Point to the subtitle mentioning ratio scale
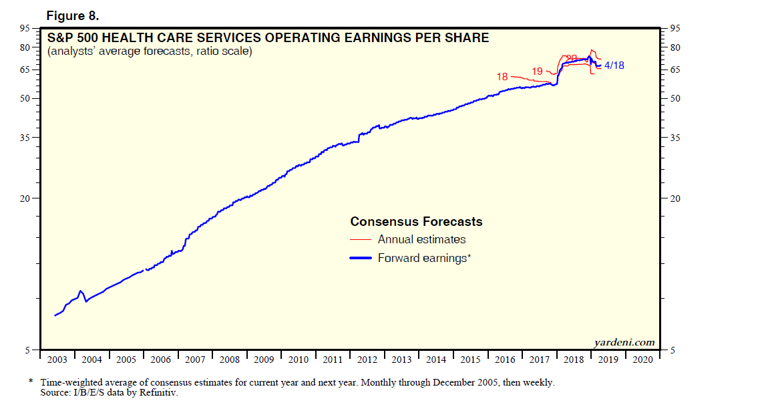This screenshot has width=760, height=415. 150,51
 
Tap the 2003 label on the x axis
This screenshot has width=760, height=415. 57,360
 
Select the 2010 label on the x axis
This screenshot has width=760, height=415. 299,360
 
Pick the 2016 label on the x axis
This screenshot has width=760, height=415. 506,360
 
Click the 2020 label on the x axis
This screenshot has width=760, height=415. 642,360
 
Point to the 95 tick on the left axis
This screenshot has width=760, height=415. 25,28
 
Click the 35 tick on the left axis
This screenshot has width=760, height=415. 25,138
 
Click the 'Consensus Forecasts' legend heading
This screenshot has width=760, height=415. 416,222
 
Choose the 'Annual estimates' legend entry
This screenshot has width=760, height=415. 421,239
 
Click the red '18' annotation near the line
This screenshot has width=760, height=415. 502,77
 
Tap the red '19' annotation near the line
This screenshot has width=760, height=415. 538,71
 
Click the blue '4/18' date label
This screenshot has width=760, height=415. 614,65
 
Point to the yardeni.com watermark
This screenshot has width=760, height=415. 624,342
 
